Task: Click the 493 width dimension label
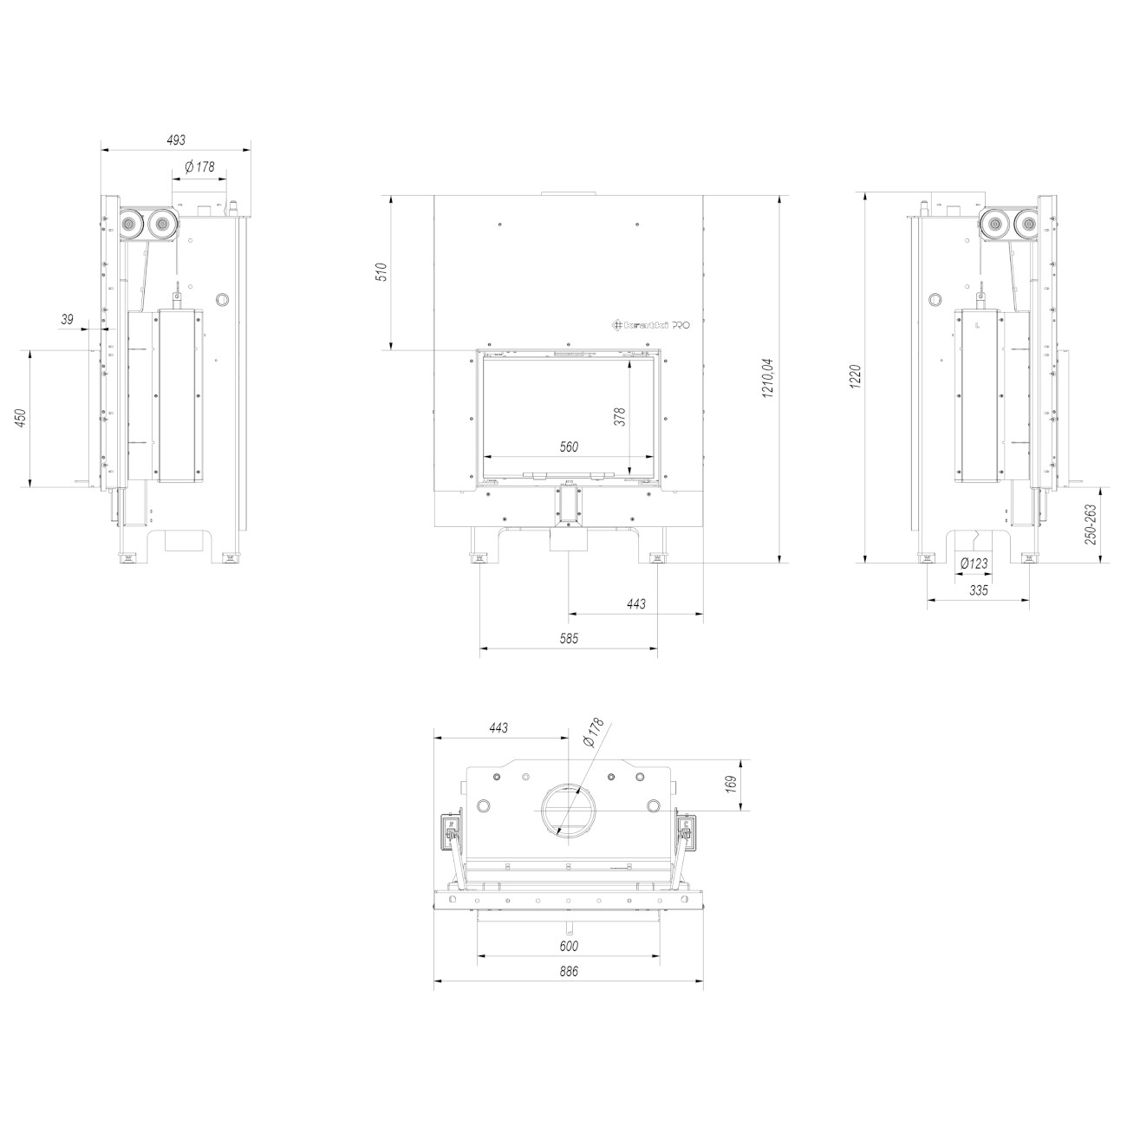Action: point(176,140)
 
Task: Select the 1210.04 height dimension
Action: point(766,378)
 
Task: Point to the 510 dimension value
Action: point(379,271)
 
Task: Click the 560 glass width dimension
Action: point(569,446)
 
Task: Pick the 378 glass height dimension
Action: point(618,417)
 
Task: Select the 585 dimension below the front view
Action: point(569,638)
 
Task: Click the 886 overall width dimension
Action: point(568,972)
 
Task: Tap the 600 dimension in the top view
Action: point(569,947)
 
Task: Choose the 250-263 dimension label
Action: point(1091,524)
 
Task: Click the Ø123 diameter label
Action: point(974,564)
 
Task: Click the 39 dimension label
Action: point(68,319)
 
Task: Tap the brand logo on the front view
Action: point(651,325)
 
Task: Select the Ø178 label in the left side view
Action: point(200,166)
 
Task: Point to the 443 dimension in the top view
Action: point(498,728)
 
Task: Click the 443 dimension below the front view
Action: point(635,603)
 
